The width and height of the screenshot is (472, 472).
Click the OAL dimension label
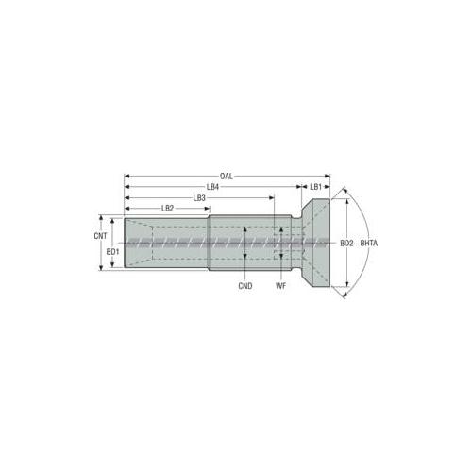(x=227, y=176)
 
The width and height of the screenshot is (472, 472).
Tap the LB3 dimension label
(x=199, y=197)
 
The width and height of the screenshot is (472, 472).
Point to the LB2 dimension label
(x=167, y=208)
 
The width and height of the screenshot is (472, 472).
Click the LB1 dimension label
(x=315, y=187)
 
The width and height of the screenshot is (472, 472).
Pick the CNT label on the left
(x=100, y=236)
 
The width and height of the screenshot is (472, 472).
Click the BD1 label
(x=112, y=252)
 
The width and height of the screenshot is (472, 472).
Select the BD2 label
(x=346, y=244)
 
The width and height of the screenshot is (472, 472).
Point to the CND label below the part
(x=244, y=285)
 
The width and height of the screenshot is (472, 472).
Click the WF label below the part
(x=281, y=285)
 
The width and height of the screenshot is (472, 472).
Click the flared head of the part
(x=316, y=244)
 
